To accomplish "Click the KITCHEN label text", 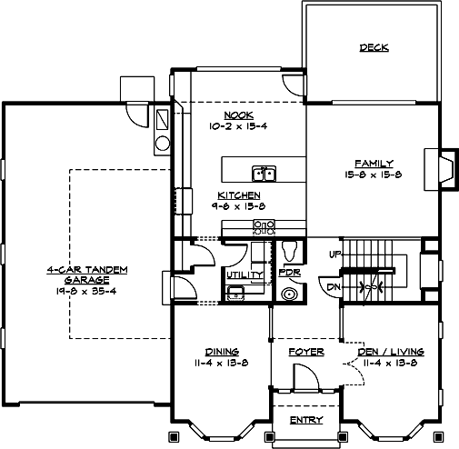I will [x=239, y=195].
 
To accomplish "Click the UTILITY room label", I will [x=244, y=274].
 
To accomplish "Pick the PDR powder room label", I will [x=289, y=273].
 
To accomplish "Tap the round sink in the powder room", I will [x=291, y=293].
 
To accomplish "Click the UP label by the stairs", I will [x=334, y=253].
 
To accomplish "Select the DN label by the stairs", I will [x=334, y=287].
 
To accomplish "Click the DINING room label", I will [x=221, y=351].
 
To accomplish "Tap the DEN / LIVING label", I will [x=390, y=351].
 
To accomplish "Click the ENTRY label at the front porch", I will [x=304, y=420].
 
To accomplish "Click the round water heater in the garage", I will [x=162, y=142].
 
